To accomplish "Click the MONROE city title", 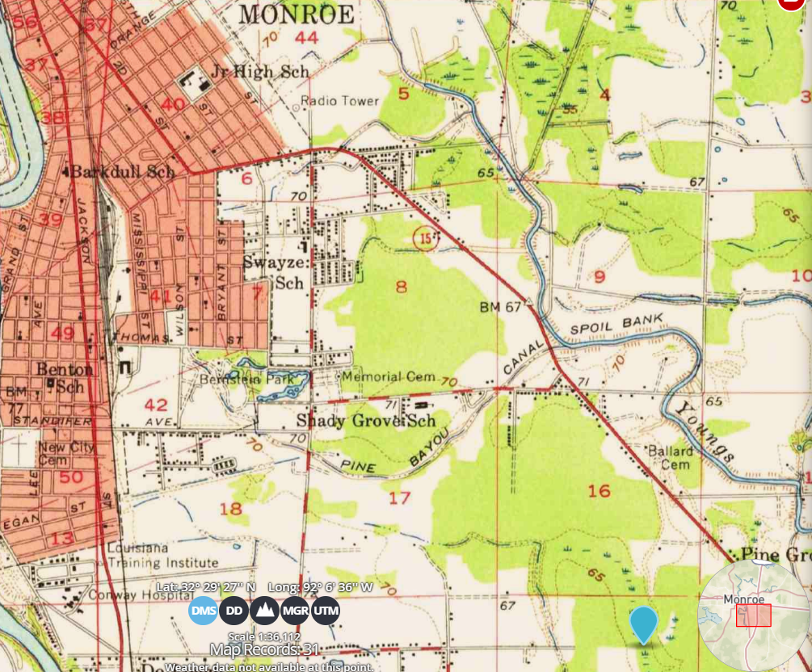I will [297, 15].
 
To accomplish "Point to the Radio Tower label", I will [339, 101].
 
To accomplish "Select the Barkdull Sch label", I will [122, 172].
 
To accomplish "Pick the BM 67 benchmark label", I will [502, 307].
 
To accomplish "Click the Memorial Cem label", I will [389, 377].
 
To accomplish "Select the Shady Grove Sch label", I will [366, 421].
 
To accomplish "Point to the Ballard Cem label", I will [670, 457].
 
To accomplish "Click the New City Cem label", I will [66, 453].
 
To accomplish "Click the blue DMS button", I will [204, 611].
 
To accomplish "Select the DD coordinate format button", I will [234, 611].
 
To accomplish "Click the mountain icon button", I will [264, 611].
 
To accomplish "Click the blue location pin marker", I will [643, 624].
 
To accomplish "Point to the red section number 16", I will [599, 491].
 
